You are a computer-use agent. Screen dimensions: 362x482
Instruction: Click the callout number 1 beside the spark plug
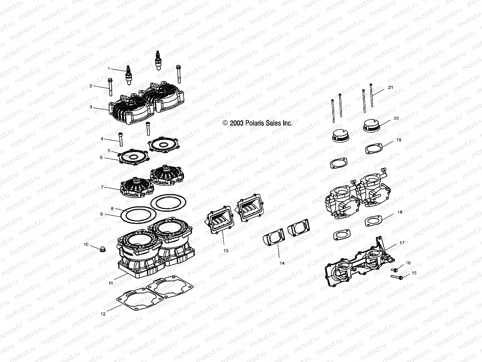(x=109, y=68)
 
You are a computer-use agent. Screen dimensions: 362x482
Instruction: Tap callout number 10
(x=86, y=244)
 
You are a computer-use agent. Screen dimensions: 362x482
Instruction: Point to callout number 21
(x=390, y=87)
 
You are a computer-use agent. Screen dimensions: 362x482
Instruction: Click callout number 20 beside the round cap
(x=396, y=118)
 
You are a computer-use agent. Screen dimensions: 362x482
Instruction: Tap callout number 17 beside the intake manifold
(x=402, y=243)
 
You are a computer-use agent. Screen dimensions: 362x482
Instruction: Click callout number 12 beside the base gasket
(x=103, y=305)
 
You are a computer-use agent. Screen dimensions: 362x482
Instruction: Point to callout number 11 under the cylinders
(x=111, y=283)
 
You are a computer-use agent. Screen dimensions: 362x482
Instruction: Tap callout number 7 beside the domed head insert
(x=102, y=187)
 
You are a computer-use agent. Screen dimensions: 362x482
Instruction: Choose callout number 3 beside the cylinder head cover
(x=91, y=107)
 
